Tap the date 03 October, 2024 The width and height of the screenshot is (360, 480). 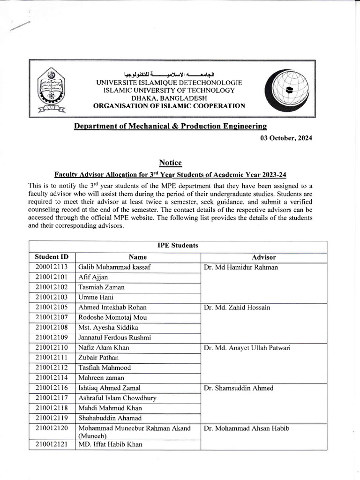coord(285,138)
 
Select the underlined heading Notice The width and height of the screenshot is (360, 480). coord(170,163)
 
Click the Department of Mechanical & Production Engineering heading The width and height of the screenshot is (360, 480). coord(170,126)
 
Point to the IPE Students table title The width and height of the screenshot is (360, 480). coord(177,246)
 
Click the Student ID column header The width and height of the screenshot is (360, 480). coord(52,257)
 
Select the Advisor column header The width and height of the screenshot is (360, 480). coord(263,257)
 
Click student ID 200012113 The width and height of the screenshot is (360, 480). coord(52,267)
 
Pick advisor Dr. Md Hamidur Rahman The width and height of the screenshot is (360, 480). coord(241,268)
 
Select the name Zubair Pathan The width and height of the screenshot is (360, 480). coord(98,358)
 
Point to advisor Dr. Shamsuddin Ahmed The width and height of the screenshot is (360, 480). coord(239,388)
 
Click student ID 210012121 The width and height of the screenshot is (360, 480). coord(52,444)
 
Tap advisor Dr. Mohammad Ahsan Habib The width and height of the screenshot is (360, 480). coord(245,428)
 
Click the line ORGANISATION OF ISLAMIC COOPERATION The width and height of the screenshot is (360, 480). coord(169,106)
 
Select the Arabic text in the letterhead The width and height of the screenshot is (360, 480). coord(169,75)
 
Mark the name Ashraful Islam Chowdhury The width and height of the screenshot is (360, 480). coord(117,398)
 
